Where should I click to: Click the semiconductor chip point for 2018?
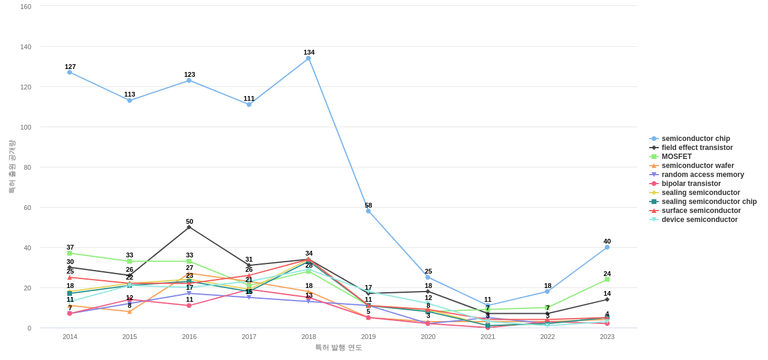tap(308, 58)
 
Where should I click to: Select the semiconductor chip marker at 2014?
tap(70, 73)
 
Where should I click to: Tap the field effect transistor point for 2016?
tap(189, 227)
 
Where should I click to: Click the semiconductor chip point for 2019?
tap(368, 211)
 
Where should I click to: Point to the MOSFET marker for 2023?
tap(607, 280)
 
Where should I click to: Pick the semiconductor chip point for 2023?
tap(607, 247)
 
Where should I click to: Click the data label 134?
tap(309, 52)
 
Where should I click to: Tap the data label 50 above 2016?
tap(190, 221)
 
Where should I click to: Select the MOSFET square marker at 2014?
tap(70, 253)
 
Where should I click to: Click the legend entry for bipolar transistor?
tap(691, 184)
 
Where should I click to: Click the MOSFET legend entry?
tap(676, 157)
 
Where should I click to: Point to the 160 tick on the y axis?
tap(26, 7)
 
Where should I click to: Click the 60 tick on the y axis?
tap(28, 208)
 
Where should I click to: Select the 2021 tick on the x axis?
tap(488, 337)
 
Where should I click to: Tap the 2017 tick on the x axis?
tap(249, 337)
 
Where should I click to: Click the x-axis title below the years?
tap(338, 347)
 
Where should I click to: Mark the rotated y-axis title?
tap(11, 167)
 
